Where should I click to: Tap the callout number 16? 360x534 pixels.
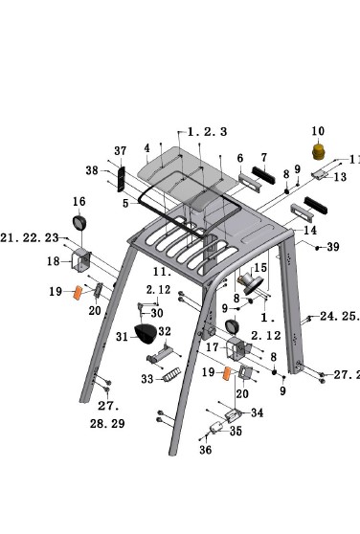pos(79,202)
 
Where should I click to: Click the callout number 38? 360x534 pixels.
pos(92,170)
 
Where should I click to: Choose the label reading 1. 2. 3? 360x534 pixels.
pos(207,131)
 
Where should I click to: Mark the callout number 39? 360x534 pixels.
pos(333,247)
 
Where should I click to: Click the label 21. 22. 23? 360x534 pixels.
pos(30,238)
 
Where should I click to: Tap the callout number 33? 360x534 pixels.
pos(146,379)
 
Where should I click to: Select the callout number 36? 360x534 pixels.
pos(205,450)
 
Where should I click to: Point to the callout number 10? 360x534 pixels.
pos(318,131)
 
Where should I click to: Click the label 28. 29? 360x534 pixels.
pos(107,422)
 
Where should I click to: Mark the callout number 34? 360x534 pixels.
pos(257,413)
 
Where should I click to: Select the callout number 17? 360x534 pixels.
pos(213,346)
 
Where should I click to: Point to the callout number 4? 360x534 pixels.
pos(147,148)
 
